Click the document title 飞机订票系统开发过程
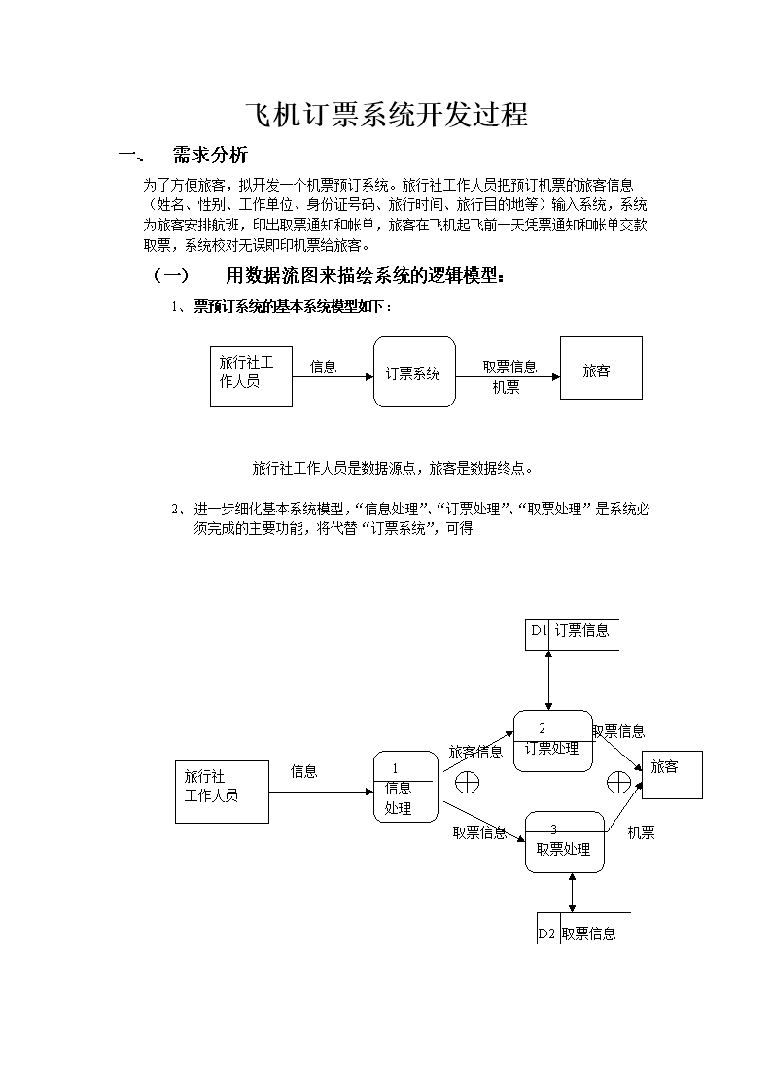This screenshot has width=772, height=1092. (385, 116)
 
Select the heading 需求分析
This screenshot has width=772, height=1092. (209, 155)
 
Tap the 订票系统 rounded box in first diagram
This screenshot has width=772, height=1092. (413, 372)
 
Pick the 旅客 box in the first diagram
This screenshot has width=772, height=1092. (600, 368)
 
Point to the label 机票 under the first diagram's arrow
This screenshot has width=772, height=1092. (506, 388)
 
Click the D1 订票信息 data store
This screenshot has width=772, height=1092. (572, 632)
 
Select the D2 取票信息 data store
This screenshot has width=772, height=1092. (582, 932)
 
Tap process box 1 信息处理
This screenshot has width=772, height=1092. (404, 787)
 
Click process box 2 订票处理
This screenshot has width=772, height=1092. (552, 741)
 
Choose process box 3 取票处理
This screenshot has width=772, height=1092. (563, 841)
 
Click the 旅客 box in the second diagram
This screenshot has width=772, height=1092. (671, 774)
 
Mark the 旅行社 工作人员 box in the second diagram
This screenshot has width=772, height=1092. (222, 792)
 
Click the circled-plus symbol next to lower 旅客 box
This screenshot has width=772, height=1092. (618, 781)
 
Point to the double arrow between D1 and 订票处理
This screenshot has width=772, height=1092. (550, 680)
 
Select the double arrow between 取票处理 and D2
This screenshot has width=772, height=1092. (573, 892)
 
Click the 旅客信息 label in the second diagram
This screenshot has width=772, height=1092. (474, 752)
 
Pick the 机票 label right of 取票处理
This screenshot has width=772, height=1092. (641, 832)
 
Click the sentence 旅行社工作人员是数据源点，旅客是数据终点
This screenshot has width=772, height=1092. (392, 468)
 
